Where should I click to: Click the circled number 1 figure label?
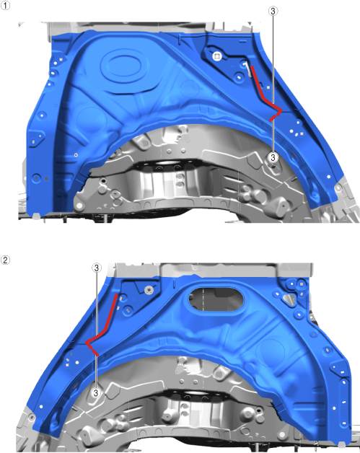[x=5, y=5]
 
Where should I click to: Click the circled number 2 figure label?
[x=5, y=260]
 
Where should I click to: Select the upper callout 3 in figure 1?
[x=273, y=12]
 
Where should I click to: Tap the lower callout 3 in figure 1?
[x=273, y=157]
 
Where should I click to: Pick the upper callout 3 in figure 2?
[x=97, y=268]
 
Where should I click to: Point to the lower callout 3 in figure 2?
[x=96, y=393]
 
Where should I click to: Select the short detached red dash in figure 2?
[x=95, y=353]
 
